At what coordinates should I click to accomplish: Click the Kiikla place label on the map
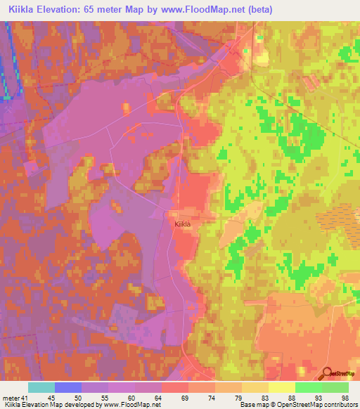(183, 223)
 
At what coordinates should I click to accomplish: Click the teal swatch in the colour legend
(41, 387)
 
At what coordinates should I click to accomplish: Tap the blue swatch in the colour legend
(68, 387)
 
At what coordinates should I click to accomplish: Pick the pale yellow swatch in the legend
(281, 387)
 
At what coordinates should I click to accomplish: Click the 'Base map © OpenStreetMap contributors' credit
(298, 405)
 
